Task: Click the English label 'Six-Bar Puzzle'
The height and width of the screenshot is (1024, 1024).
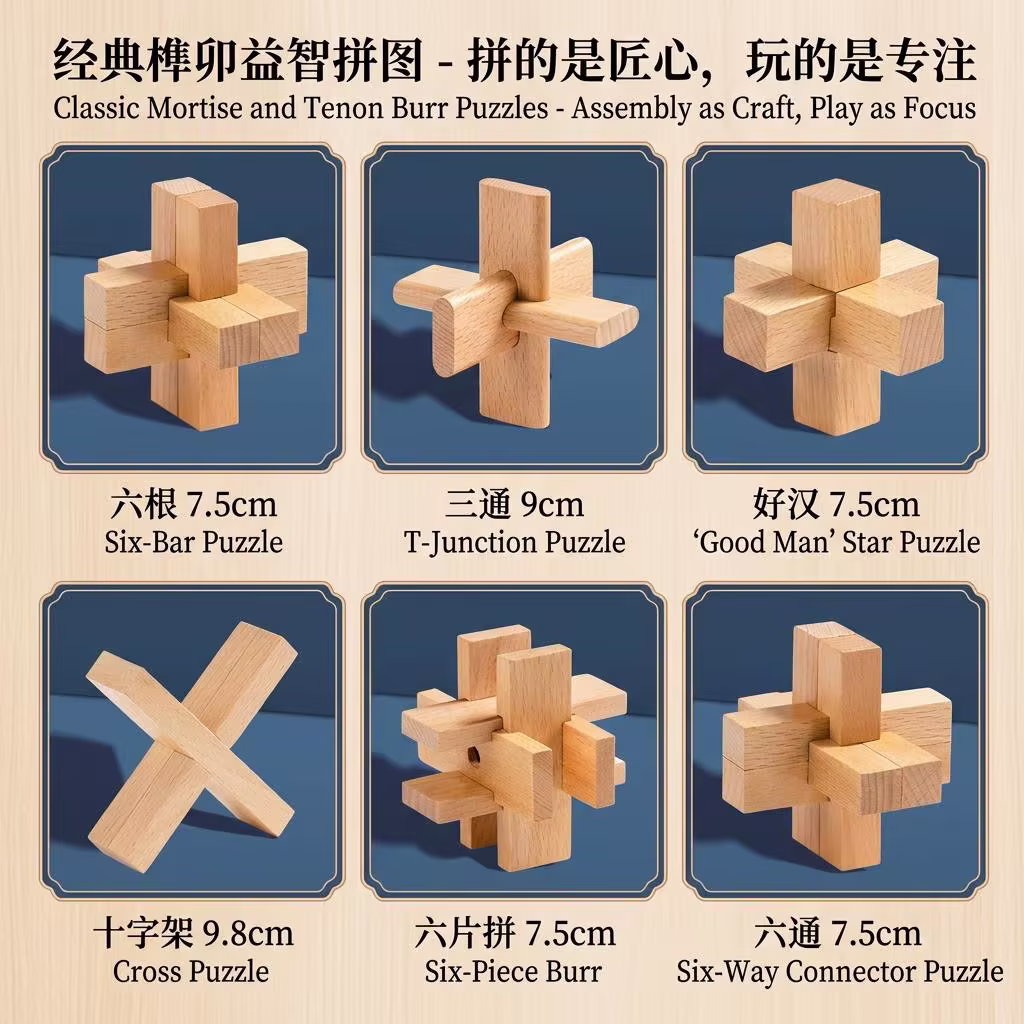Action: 193,542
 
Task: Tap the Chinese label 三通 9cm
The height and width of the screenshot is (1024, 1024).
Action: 514,504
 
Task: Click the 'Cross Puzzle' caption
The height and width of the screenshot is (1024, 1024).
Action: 190,970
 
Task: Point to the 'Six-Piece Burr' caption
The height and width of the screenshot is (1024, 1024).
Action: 514,970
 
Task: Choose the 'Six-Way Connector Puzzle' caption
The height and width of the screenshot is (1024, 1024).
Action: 839,970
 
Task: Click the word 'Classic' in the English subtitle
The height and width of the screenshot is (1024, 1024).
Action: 94,108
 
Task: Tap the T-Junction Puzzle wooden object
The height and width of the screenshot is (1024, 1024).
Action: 514,310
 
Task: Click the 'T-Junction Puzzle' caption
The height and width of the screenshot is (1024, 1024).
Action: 514,542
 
